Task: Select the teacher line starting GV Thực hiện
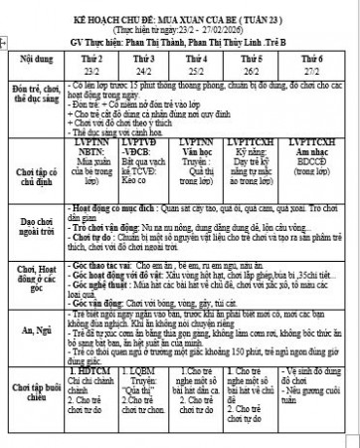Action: [179, 45]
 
